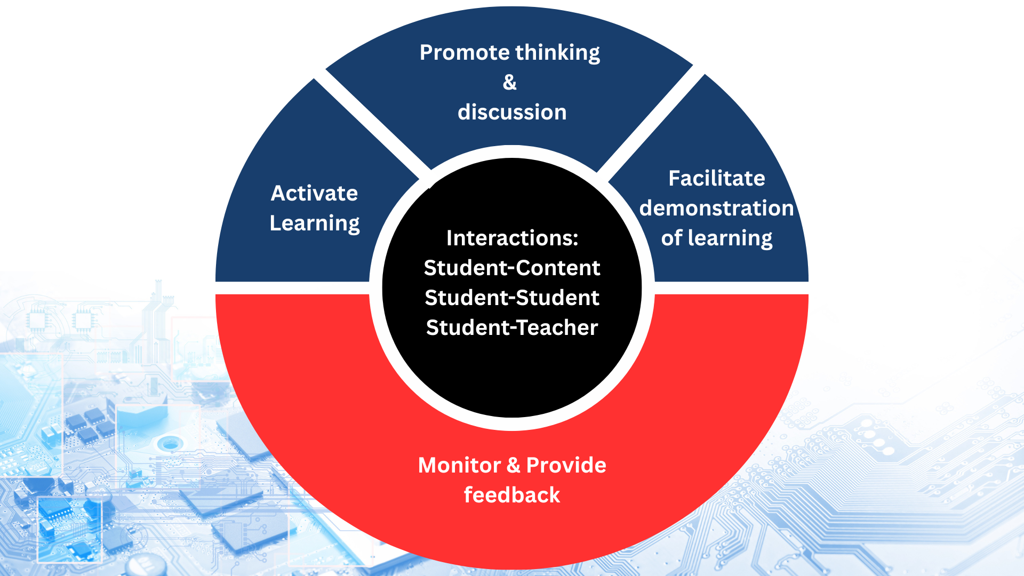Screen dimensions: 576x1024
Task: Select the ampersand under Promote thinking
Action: tap(510, 83)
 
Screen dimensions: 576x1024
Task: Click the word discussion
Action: tap(512, 113)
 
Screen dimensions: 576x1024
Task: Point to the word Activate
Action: tap(314, 193)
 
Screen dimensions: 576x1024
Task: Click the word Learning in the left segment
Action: tap(314, 223)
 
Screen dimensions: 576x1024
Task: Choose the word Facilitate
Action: tap(716, 178)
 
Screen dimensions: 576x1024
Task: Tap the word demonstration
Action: tap(716, 208)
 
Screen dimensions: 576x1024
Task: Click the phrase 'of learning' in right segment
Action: tap(716, 238)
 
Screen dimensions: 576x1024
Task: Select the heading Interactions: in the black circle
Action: tap(512, 238)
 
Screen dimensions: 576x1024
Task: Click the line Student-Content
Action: tap(512, 268)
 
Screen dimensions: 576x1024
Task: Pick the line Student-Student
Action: tap(512, 298)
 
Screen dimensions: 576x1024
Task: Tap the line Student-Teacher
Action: tap(512, 327)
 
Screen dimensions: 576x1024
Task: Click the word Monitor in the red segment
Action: tap(459, 466)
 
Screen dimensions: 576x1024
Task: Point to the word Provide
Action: tap(566, 466)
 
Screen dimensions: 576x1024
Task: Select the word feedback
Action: tap(512, 495)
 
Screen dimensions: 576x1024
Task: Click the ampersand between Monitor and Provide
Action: tap(513, 466)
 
